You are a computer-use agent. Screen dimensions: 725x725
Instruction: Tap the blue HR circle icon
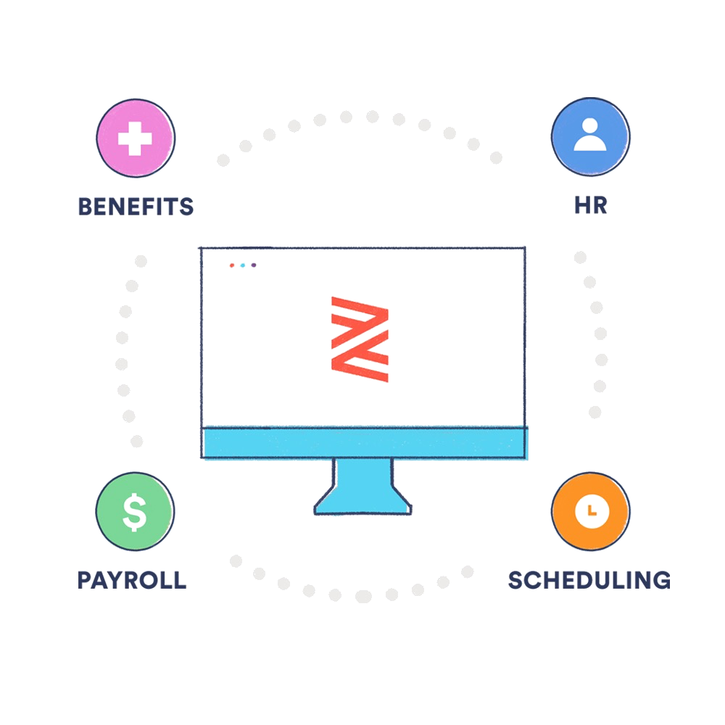coord(590,137)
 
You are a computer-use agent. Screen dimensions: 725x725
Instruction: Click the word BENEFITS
coord(136,207)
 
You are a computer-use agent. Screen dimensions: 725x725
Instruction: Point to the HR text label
coord(590,207)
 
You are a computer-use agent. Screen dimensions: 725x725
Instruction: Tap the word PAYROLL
coord(132,580)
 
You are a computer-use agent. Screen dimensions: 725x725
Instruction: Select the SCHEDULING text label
coord(589,580)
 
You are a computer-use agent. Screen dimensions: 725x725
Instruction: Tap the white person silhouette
coord(590,136)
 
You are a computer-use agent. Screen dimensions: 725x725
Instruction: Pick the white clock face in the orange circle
coord(590,510)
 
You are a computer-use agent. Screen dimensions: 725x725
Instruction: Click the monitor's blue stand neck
coord(362,474)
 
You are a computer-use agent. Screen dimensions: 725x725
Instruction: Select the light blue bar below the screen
coord(365,443)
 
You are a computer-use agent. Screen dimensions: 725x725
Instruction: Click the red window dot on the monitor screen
coord(231,265)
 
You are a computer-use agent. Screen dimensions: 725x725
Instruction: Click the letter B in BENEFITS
coord(84,207)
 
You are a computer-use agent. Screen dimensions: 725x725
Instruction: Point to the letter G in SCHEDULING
coord(660,580)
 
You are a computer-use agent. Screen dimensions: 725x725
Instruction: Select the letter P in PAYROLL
coord(84,580)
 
